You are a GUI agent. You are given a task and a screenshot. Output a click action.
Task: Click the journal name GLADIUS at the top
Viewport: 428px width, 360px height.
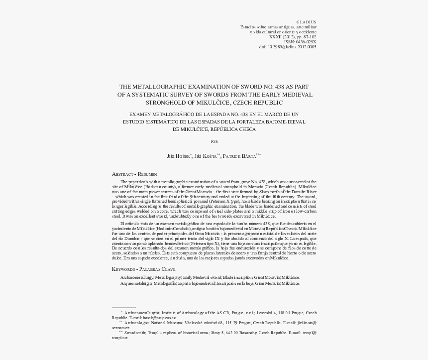coord(306,22)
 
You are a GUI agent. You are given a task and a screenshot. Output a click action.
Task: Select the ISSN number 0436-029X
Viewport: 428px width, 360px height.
coord(306,42)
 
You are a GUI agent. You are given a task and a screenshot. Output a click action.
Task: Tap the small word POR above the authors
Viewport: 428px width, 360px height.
coord(214,142)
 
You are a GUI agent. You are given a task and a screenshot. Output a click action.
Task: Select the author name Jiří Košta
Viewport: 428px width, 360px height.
coord(206,156)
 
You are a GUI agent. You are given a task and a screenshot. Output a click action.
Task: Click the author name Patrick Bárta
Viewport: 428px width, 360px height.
coord(240,156)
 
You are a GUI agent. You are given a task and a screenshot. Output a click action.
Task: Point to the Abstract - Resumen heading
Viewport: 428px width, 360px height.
coord(134,174)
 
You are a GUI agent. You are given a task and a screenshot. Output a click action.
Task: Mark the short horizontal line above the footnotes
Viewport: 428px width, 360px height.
coord(124,308)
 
